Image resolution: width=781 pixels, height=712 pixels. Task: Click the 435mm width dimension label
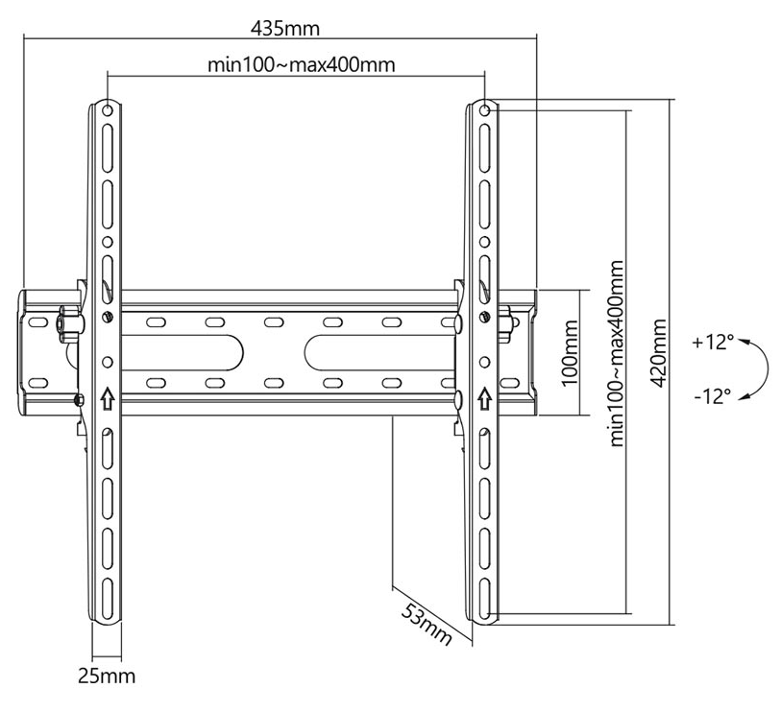click(x=284, y=29)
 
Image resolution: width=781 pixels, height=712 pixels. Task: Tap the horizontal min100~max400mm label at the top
click(x=302, y=64)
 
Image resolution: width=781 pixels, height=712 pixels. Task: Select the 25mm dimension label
click(x=107, y=676)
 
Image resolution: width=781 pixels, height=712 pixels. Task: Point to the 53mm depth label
click(x=426, y=624)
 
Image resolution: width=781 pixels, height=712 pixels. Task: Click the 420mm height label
click(x=659, y=353)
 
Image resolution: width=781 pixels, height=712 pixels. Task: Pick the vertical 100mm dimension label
click(x=570, y=353)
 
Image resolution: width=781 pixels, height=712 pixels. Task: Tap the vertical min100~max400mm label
click(x=616, y=353)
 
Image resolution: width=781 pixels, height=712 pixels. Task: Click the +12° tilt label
click(x=713, y=343)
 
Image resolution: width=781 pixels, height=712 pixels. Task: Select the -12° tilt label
click(x=713, y=396)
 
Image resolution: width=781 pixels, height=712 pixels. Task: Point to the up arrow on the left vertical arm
click(x=108, y=398)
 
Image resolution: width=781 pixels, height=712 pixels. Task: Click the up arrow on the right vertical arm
click(x=484, y=398)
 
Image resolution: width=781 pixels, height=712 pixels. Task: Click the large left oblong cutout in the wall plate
click(x=182, y=353)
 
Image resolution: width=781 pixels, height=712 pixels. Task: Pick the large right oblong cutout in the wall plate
click(x=379, y=353)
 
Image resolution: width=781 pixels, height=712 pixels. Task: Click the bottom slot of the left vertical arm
click(x=108, y=596)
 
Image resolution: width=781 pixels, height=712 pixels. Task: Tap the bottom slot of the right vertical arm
click(x=484, y=596)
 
